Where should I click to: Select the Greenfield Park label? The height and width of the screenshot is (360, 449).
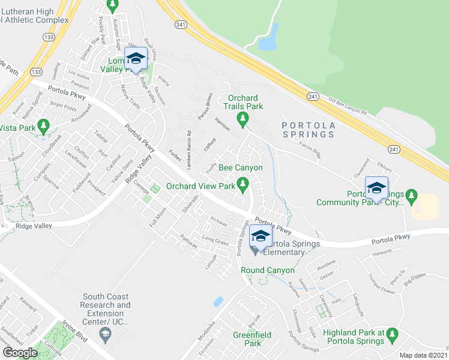point(247,339)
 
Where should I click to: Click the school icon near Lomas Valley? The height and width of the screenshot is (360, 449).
point(136,58)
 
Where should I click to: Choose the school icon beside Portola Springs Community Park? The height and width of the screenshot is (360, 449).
point(376,188)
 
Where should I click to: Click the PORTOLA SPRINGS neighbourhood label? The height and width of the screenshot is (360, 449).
point(308,129)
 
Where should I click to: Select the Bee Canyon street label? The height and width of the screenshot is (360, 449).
point(240,168)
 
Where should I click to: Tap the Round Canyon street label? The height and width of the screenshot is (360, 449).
point(268,271)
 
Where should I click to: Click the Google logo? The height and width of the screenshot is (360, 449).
point(20,353)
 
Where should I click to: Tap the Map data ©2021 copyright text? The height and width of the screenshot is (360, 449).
point(424,355)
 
